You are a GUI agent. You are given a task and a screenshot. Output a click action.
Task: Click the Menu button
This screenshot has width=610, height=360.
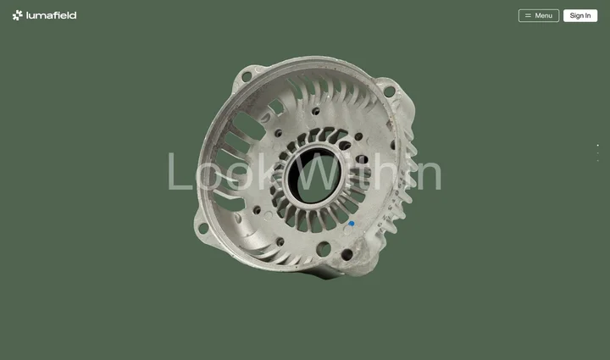(x=539, y=15)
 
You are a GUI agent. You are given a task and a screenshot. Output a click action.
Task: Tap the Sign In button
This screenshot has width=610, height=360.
(x=580, y=15)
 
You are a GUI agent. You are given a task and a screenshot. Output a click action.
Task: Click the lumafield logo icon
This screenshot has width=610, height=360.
(x=18, y=15)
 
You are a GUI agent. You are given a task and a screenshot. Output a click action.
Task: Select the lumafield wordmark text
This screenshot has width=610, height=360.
(x=52, y=15)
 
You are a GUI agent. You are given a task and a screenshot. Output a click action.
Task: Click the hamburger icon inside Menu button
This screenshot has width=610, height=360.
(x=528, y=15)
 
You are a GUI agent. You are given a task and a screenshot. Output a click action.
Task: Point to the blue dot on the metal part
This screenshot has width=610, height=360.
(x=352, y=224)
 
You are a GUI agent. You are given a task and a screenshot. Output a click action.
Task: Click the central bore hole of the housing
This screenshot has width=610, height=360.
(x=313, y=175)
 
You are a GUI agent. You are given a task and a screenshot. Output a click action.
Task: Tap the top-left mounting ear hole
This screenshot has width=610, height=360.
(x=247, y=76)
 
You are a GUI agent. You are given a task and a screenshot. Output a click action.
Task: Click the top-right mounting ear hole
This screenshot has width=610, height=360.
(x=389, y=91)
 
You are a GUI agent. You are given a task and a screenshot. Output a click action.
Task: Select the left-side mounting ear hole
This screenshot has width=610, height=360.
(x=203, y=228)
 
